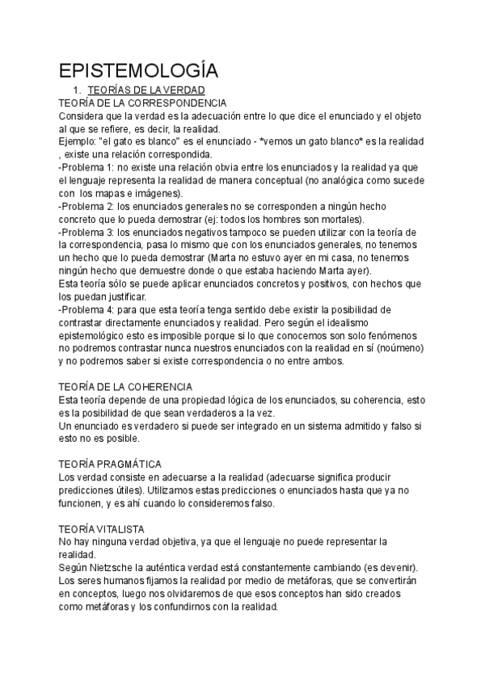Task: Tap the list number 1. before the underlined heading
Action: tap(77, 90)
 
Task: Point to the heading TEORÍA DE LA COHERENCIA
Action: tap(126, 387)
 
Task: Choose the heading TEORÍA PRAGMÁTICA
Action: tap(111, 464)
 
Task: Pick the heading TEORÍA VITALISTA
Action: tap(102, 528)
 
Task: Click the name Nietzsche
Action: tap(115, 568)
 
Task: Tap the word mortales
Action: tap(339, 219)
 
